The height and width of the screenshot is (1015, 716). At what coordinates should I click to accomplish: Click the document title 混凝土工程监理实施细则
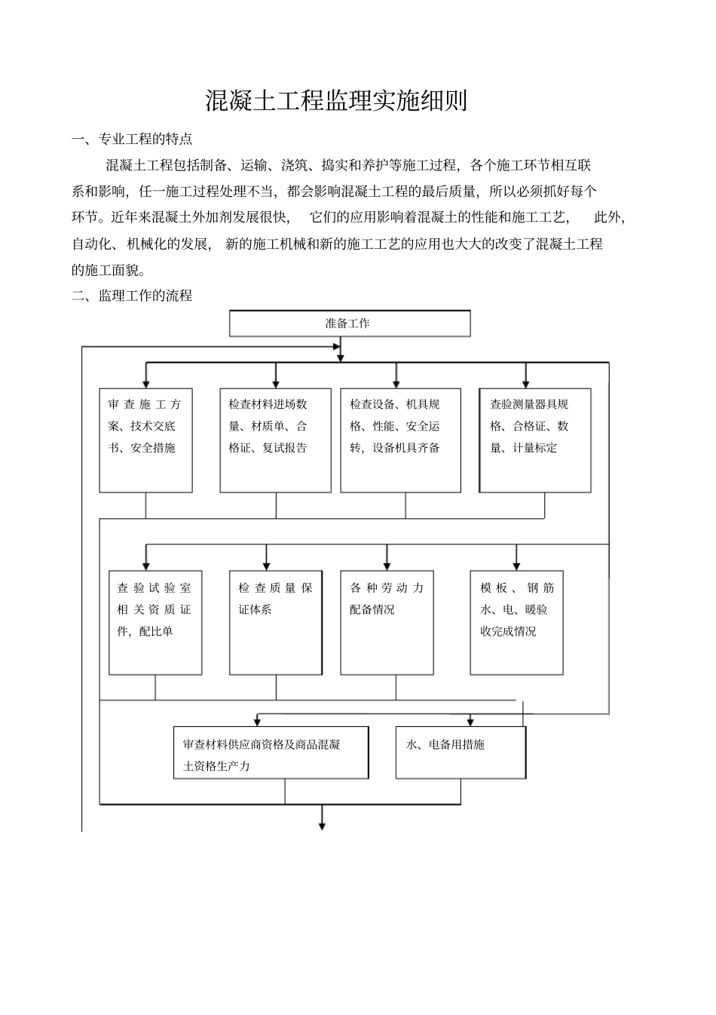(336, 101)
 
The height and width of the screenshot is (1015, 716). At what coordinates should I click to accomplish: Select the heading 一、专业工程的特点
(132, 139)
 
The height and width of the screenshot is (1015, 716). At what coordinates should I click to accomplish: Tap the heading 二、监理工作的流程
(132, 296)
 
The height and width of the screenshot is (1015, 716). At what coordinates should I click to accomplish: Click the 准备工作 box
(349, 324)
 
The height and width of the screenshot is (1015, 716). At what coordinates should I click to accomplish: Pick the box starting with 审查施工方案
(145, 440)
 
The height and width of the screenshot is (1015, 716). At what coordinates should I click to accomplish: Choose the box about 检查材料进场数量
(275, 440)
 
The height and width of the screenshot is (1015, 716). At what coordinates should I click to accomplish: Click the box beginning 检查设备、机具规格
(400, 440)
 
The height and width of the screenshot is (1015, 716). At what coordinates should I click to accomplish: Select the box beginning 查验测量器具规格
(534, 440)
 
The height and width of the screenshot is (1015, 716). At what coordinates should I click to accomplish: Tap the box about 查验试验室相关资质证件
(155, 622)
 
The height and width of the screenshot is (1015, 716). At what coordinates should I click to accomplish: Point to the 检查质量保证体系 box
(275, 622)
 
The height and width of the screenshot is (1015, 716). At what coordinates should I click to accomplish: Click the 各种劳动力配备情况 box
(387, 622)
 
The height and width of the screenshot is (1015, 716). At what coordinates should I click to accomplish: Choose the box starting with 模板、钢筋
(516, 622)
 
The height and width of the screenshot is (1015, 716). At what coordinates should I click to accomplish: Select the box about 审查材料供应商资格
(271, 753)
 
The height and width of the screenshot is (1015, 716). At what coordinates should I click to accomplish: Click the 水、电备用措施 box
(461, 753)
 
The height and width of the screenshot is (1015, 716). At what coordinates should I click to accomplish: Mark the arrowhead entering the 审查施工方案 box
(145, 384)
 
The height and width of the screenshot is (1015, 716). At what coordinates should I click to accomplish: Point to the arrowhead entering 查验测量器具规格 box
(525, 384)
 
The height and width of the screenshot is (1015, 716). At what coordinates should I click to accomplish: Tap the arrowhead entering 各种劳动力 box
(387, 566)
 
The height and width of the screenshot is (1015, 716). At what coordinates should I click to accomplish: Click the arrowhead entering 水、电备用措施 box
(471, 722)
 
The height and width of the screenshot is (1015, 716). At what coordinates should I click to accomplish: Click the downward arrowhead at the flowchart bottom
(322, 826)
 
